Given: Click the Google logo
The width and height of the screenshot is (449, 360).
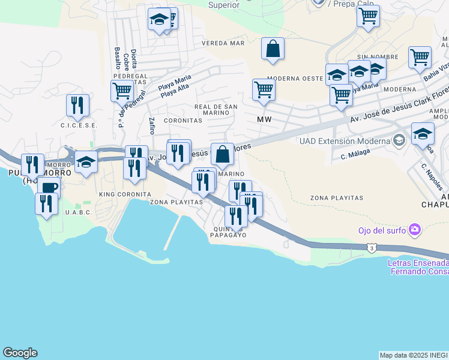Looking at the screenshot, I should point(20,353).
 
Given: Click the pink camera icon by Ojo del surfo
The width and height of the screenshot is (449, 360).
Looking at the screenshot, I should point(414,230).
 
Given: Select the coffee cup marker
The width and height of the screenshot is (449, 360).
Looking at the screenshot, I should point(49,187).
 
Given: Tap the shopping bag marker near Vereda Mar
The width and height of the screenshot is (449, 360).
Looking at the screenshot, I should point(273,49).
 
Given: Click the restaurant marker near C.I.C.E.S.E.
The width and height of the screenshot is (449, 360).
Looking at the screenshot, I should point(78,106).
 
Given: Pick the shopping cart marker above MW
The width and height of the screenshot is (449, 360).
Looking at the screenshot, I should point(264,90).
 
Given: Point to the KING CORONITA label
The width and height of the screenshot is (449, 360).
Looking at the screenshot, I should point(125,194).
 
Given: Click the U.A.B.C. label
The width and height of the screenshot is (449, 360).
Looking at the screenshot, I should point(78,212).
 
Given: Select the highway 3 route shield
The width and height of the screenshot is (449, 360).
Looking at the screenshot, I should point(373,247).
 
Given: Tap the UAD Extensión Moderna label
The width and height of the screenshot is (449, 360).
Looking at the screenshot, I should point(344,141).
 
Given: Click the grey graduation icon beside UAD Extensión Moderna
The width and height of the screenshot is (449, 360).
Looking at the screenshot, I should point(399,141).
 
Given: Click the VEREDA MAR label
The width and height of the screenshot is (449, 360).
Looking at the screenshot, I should point(223,43).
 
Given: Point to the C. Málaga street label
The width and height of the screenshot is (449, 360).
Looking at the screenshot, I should point(354,154).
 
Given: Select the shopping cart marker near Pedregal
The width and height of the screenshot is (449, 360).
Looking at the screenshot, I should point(122,91).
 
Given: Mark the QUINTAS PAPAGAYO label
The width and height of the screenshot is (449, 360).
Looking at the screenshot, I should point(228,232).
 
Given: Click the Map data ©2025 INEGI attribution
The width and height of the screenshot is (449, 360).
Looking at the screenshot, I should point(414,355).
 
